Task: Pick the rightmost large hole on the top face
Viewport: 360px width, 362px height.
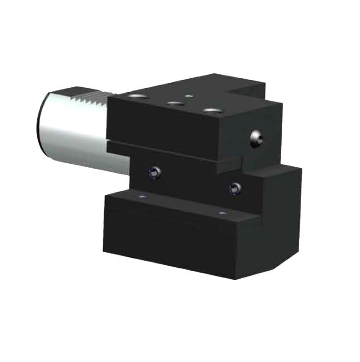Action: tap(210, 110)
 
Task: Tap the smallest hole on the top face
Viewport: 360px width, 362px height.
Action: tap(190, 95)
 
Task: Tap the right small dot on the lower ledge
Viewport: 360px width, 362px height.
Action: tap(220, 213)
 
